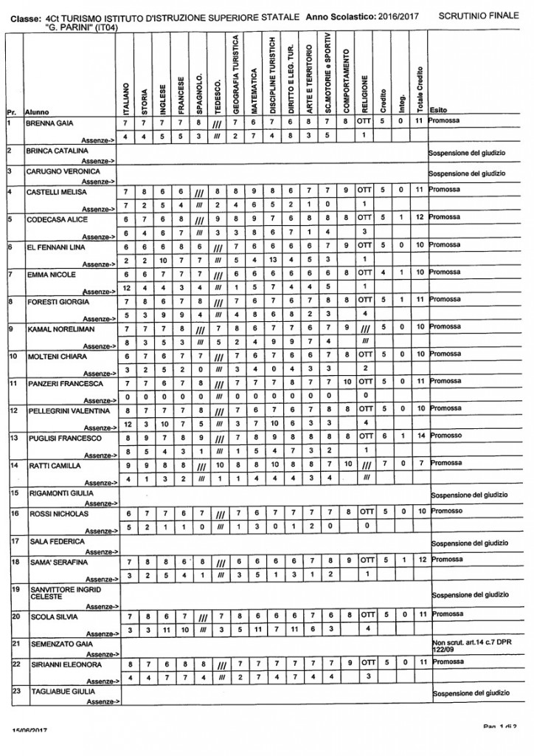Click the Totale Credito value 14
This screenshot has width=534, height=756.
pyautogui.click(x=420, y=438)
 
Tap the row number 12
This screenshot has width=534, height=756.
pyautogui.click(x=10, y=409)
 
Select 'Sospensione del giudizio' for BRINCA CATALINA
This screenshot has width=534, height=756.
pyautogui.click(x=466, y=154)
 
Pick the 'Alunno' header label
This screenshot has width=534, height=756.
pyautogui.click(x=37, y=112)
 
